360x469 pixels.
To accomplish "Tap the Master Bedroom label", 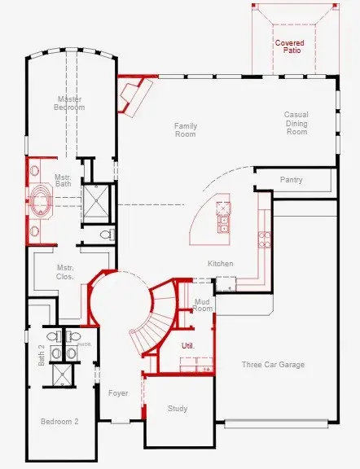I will point(69,103).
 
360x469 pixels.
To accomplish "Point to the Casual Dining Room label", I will point(296,123).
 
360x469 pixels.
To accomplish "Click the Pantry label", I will point(292,179).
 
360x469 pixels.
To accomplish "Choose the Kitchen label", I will point(220,264).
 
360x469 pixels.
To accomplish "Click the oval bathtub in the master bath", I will point(39,204).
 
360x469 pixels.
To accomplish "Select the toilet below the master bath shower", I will point(105,234).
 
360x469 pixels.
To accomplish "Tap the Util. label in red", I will point(187,346).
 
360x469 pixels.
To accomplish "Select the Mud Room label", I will point(202,305).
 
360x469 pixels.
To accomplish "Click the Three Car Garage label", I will point(273,365).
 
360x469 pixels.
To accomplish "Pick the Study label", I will point(178,408).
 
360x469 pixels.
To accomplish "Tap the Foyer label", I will point(118,393).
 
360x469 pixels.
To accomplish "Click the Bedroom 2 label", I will point(59,421).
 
